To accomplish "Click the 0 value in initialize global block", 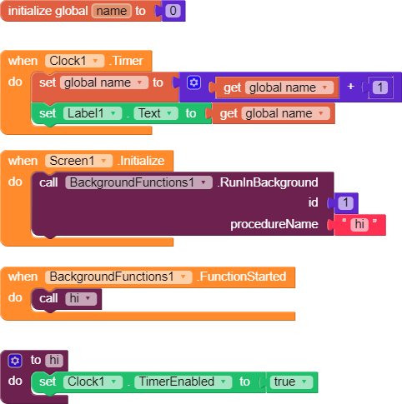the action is pos(173,11).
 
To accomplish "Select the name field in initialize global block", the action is pos(112,11).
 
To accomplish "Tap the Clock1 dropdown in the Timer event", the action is pos(74,61).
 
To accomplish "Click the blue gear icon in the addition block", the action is pos(193,82).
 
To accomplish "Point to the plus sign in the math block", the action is pos(350,87).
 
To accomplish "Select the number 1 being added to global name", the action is pos(380,87).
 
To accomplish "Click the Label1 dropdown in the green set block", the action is pos(93,113).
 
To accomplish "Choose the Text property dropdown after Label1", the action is pos(156,113).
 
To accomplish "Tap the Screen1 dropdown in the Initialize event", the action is pos(78,161).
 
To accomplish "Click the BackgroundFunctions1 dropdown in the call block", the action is pos(138,182).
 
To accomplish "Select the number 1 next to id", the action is pos(345,202).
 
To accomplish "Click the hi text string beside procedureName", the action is pos(359,224).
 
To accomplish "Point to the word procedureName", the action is pos(274,224).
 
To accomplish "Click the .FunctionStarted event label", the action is pos(241,277).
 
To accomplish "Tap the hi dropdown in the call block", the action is pos(81,298).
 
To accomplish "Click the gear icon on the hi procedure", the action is pos(15,361).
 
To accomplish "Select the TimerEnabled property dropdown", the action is pos(183,382).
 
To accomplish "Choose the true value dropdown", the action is pos(291,382).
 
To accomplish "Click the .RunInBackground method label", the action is pos(268,182).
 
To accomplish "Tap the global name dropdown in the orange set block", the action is pos(104,82).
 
